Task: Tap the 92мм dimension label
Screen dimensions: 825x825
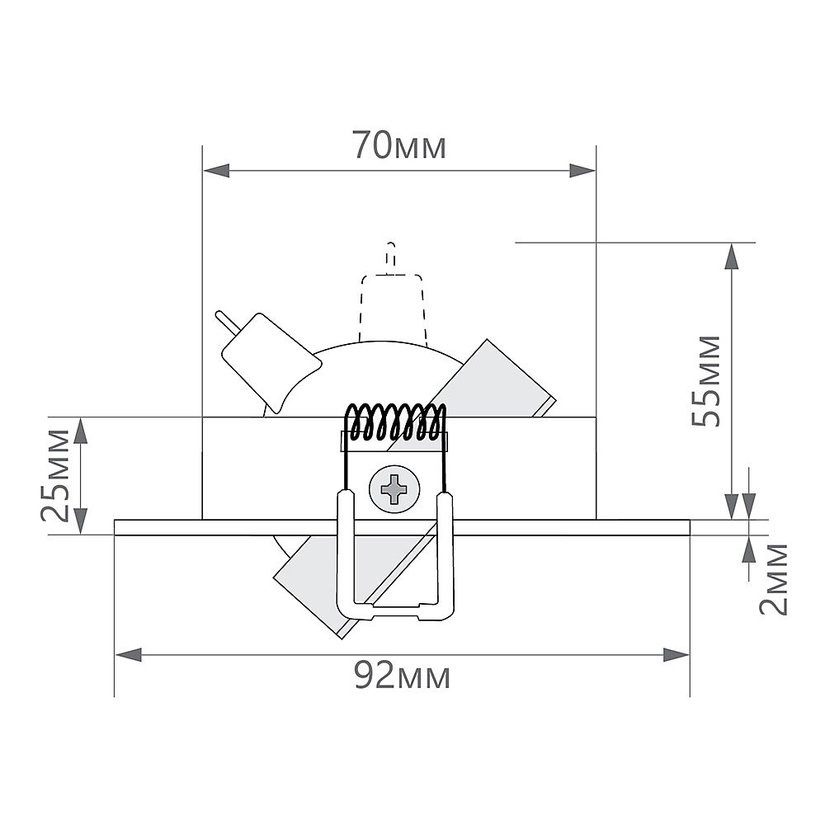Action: coord(402,676)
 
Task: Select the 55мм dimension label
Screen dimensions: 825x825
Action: coord(706,380)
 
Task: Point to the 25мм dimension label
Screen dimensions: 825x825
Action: coord(55,475)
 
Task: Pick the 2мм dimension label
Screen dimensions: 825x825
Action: coord(774,579)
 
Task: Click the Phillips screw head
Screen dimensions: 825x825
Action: coord(394,489)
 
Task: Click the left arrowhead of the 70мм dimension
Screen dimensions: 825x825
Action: coord(216,171)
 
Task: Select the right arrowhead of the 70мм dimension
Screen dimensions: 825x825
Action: coord(582,171)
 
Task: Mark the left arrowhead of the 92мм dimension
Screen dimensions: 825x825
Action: coord(129,655)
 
